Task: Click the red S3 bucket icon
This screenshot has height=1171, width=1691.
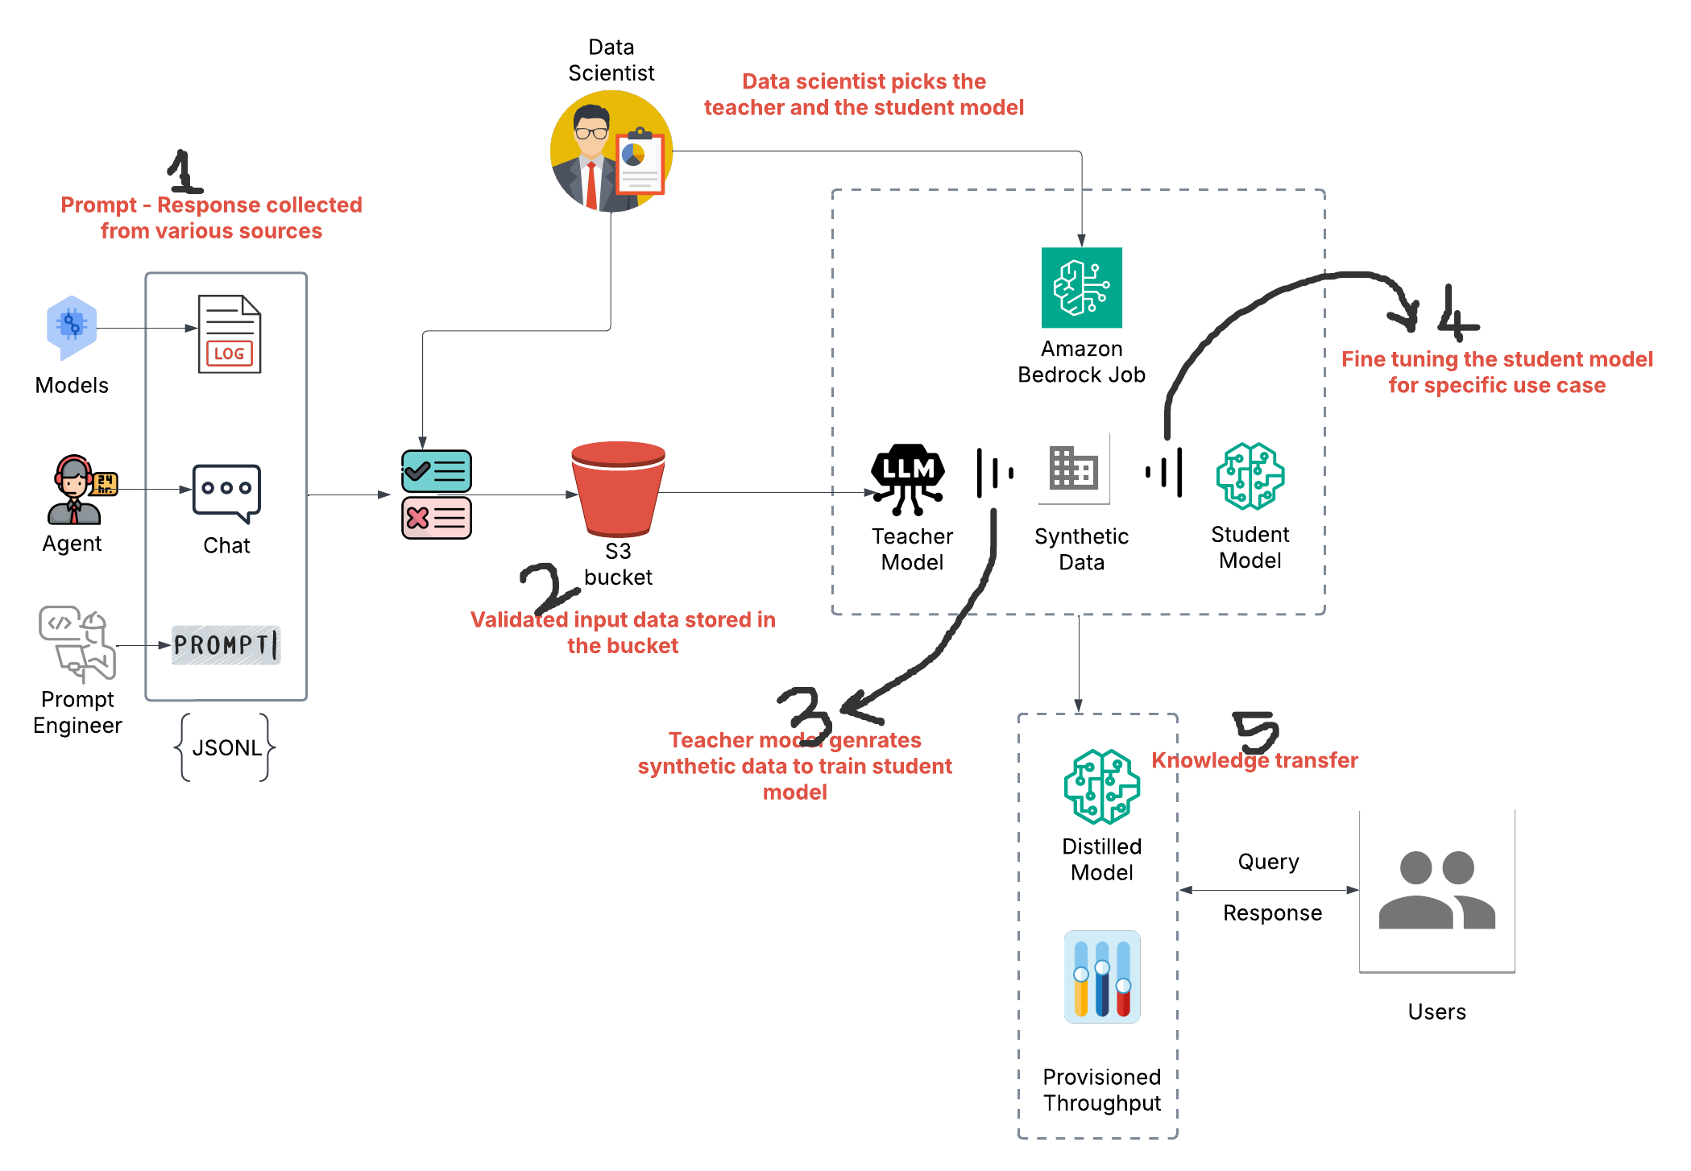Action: point(618,488)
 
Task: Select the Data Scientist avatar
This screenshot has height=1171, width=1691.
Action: point(611,151)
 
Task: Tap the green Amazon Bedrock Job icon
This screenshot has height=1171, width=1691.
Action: point(1081,288)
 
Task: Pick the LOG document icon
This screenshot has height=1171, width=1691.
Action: point(230,334)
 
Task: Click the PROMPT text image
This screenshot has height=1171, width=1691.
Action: point(226,645)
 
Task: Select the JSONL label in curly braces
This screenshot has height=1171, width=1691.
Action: point(226,747)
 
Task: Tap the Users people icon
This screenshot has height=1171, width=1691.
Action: point(1436,891)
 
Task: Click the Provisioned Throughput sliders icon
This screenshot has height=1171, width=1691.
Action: point(1101,977)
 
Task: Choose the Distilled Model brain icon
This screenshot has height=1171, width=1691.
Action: point(1101,787)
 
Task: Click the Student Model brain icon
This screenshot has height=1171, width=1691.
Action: point(1250,476)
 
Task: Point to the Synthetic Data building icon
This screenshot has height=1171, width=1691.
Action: point(1074,468)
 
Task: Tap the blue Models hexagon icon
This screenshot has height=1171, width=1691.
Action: point(72,327)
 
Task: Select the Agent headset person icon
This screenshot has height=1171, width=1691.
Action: point(75,490)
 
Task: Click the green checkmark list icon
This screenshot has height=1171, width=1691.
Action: point(437,471)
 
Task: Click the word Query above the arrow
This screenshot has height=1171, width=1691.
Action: point(1268,862)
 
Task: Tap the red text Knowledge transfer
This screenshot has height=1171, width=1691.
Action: point(1254,760)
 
